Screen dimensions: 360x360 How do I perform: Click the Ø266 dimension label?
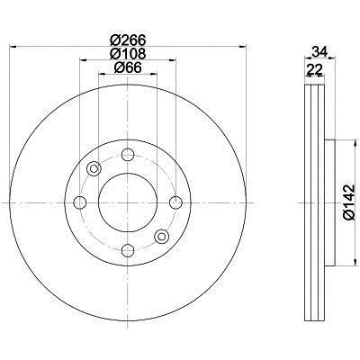(128, 40)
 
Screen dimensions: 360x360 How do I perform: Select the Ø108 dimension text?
(128, 54)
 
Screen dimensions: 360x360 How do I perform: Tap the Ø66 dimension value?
(128, 67)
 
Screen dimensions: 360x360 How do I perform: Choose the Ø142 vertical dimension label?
(349, 202)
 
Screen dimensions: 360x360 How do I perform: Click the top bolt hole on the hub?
(128, 155)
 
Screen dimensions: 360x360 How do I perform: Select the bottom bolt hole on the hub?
(128, 250)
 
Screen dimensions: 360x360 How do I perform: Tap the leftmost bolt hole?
(80, 202)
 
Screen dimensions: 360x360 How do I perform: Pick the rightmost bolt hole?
(175, 202)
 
